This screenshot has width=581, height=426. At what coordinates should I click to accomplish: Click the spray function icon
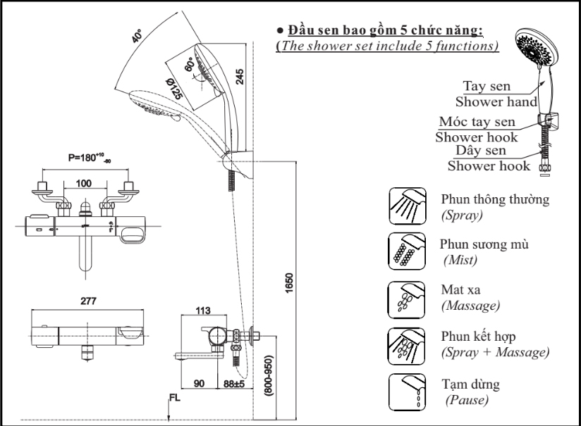407,206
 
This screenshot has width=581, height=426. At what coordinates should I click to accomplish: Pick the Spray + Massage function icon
407,344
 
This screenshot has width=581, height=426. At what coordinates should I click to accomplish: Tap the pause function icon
407,390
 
